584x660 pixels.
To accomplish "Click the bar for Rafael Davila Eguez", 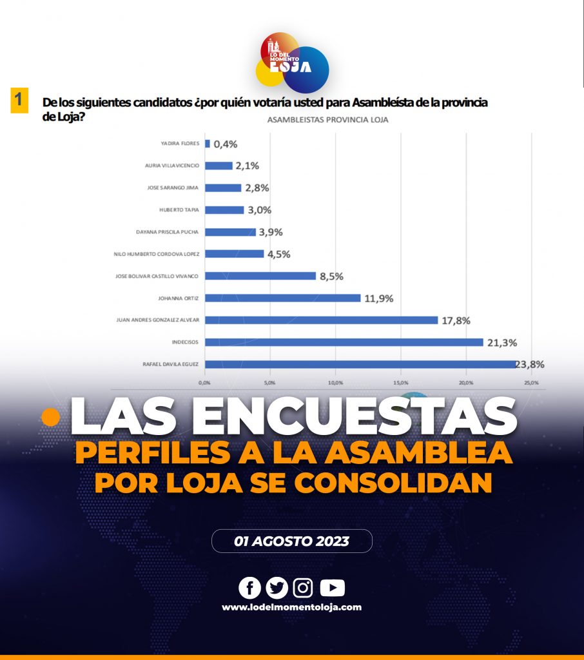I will pyautogui.click(x=361, y=364).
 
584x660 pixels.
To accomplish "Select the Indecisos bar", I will pyautogui.click(x=344, y=342).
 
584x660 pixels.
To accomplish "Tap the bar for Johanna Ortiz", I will pyautogui.click(x=283, y=298).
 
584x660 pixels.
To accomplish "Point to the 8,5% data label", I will pyautogui.click(x=332, y=276).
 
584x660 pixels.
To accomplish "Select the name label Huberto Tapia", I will pyautogui.click(x=179, y=209).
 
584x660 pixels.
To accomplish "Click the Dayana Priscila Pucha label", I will pyautogui.click(x=167, y=231).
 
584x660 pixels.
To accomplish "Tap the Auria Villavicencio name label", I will pyautogui.click(x=171, y=166).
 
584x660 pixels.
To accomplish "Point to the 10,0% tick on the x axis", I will pyautogui.click(x=336, y=383).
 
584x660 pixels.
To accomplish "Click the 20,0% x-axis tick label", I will pyautogui.click(x=466, y=383).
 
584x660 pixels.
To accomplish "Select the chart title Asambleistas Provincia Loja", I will pyautogui.click(x=328, y=120).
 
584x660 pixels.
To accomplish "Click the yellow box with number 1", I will pyautogui.click(x=19, y=101).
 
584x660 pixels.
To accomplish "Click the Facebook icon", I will pyautogui.click(x=249, y=588).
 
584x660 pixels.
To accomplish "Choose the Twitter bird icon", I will pyautogui.click(x=277, y=588).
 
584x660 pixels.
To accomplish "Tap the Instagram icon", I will pyautogui.click(x=303, y=588).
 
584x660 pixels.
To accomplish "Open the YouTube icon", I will pyautogui.click(x=332, y=588).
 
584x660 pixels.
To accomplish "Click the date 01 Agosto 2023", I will pyautogui.click(x=291, y=541).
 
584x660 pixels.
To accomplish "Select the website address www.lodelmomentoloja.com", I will pyautogui.click(x=291, y=607).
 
